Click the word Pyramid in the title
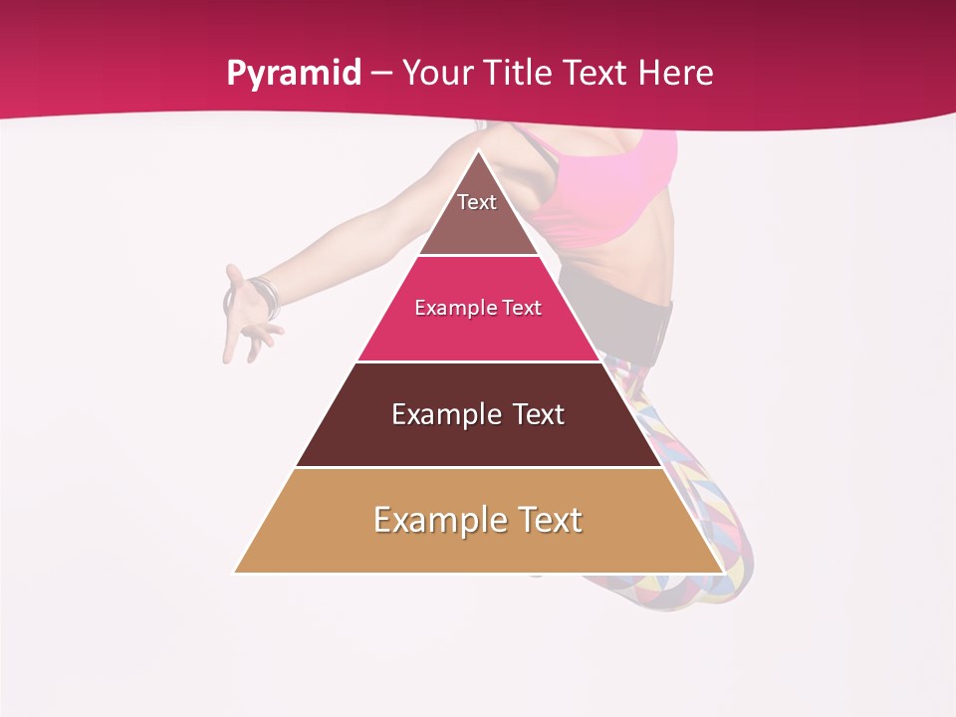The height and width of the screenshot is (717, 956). tap(294, 74)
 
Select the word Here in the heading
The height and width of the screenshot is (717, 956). tap(676, 74)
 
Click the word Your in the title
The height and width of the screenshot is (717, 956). tap(438, 74)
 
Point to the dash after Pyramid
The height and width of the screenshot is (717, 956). tap(381, 74)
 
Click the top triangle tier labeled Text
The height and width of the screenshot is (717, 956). tap(478, 214)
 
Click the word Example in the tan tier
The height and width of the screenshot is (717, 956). tap(438, 520)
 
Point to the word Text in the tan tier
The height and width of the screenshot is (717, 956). tap(549, 520)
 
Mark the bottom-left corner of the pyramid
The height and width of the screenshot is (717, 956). tap(236, 572)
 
